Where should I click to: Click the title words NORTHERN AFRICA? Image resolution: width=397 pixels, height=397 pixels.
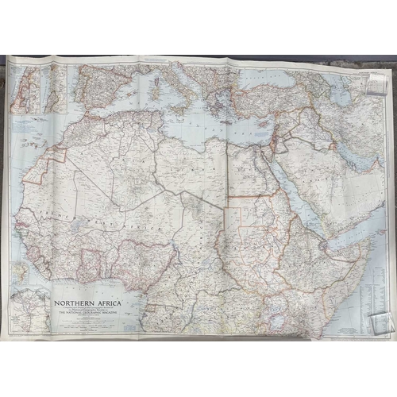(87, 303)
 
